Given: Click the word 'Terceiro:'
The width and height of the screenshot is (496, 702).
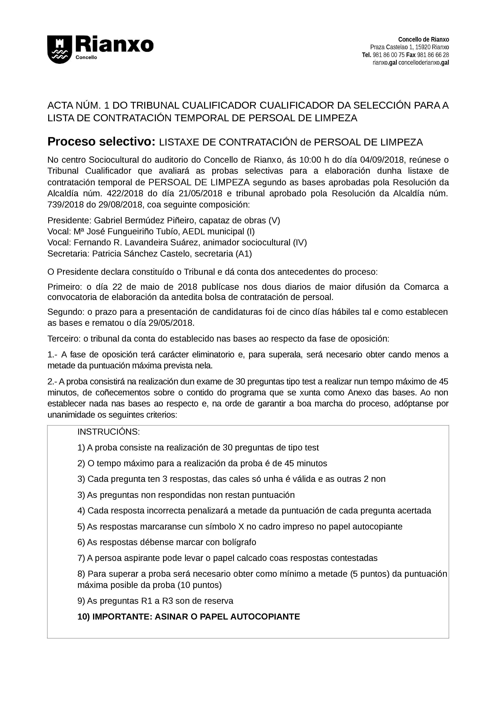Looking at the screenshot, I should [64, 339].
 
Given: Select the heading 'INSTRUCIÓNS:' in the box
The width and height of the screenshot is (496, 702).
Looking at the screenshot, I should [108, 432].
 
